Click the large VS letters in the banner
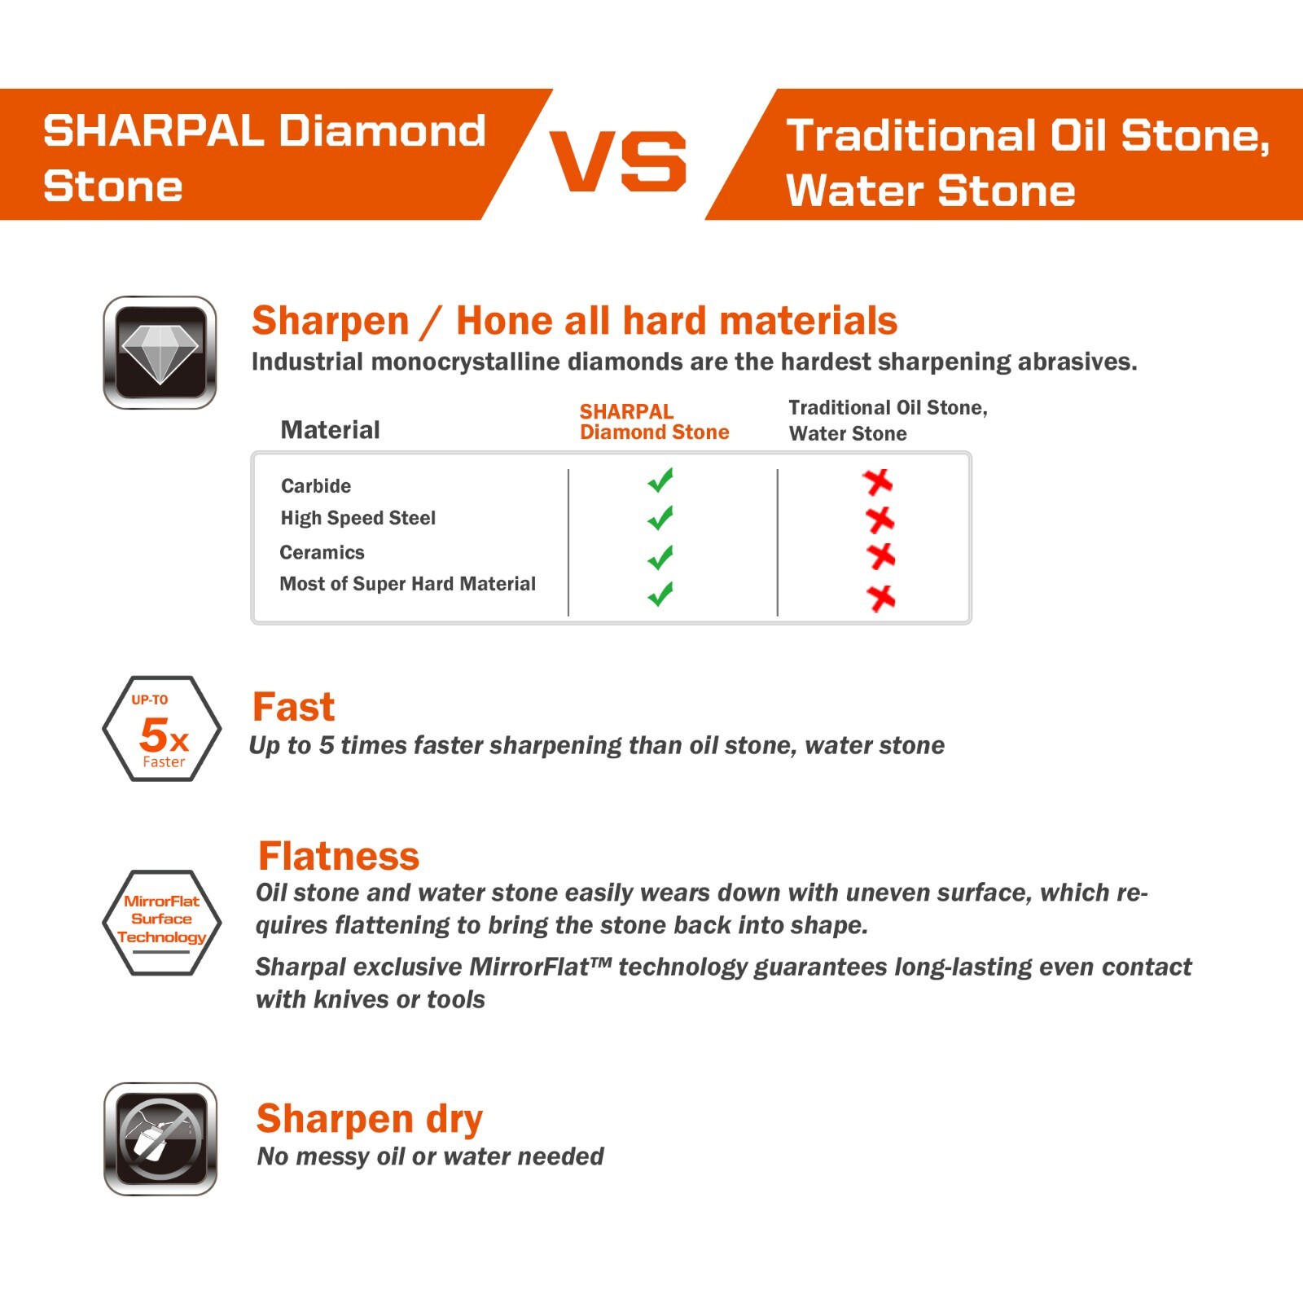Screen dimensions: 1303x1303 click(x=618, y=161)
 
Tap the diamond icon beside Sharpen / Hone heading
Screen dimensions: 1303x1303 click(x=160, y=353)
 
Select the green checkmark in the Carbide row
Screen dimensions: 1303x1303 click(x=660, y=480)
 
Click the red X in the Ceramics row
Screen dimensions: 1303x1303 click(x=880, y=556)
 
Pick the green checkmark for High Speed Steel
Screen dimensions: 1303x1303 click(x=660, y=518)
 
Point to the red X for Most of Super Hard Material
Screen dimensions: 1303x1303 click(x=880, y=598)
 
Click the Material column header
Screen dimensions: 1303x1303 click(x=330, y=430)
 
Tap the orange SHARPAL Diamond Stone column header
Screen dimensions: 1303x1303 click(x=654, y=422)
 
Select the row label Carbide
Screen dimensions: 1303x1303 click(x=316, y=486)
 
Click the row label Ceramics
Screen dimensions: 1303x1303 click(x=322, y=553)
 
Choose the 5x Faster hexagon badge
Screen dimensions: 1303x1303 click(x=162, y=729)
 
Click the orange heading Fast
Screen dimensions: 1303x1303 click(x=293, y=707)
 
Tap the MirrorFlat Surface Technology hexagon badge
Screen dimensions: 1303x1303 click(x=162, y=922)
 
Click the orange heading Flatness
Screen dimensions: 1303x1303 click(x=338, y=857)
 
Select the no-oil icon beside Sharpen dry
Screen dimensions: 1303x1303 click(x=160, y=1138)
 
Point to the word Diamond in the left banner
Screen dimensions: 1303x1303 click(x=383, y=131)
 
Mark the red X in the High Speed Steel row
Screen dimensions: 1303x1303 click(x=880, y=519)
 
